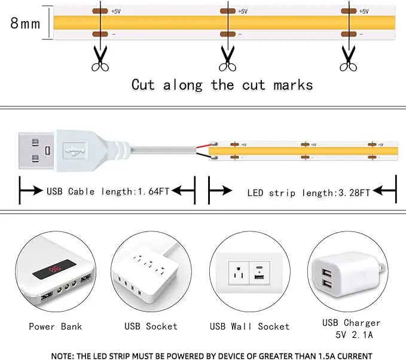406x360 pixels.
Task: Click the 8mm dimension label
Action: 25,25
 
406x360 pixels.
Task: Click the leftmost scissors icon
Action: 100,59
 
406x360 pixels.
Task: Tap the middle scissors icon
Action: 227,59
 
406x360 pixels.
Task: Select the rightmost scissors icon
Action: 348,59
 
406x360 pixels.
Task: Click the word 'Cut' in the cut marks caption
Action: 143,85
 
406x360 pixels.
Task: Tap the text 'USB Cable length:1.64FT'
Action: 108,191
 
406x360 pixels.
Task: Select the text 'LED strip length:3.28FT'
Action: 308,192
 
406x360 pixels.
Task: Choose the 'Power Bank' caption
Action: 55,327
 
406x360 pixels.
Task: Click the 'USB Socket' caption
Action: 151,327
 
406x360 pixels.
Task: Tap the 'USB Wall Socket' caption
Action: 249,327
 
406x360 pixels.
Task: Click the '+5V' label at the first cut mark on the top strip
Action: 116,11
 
